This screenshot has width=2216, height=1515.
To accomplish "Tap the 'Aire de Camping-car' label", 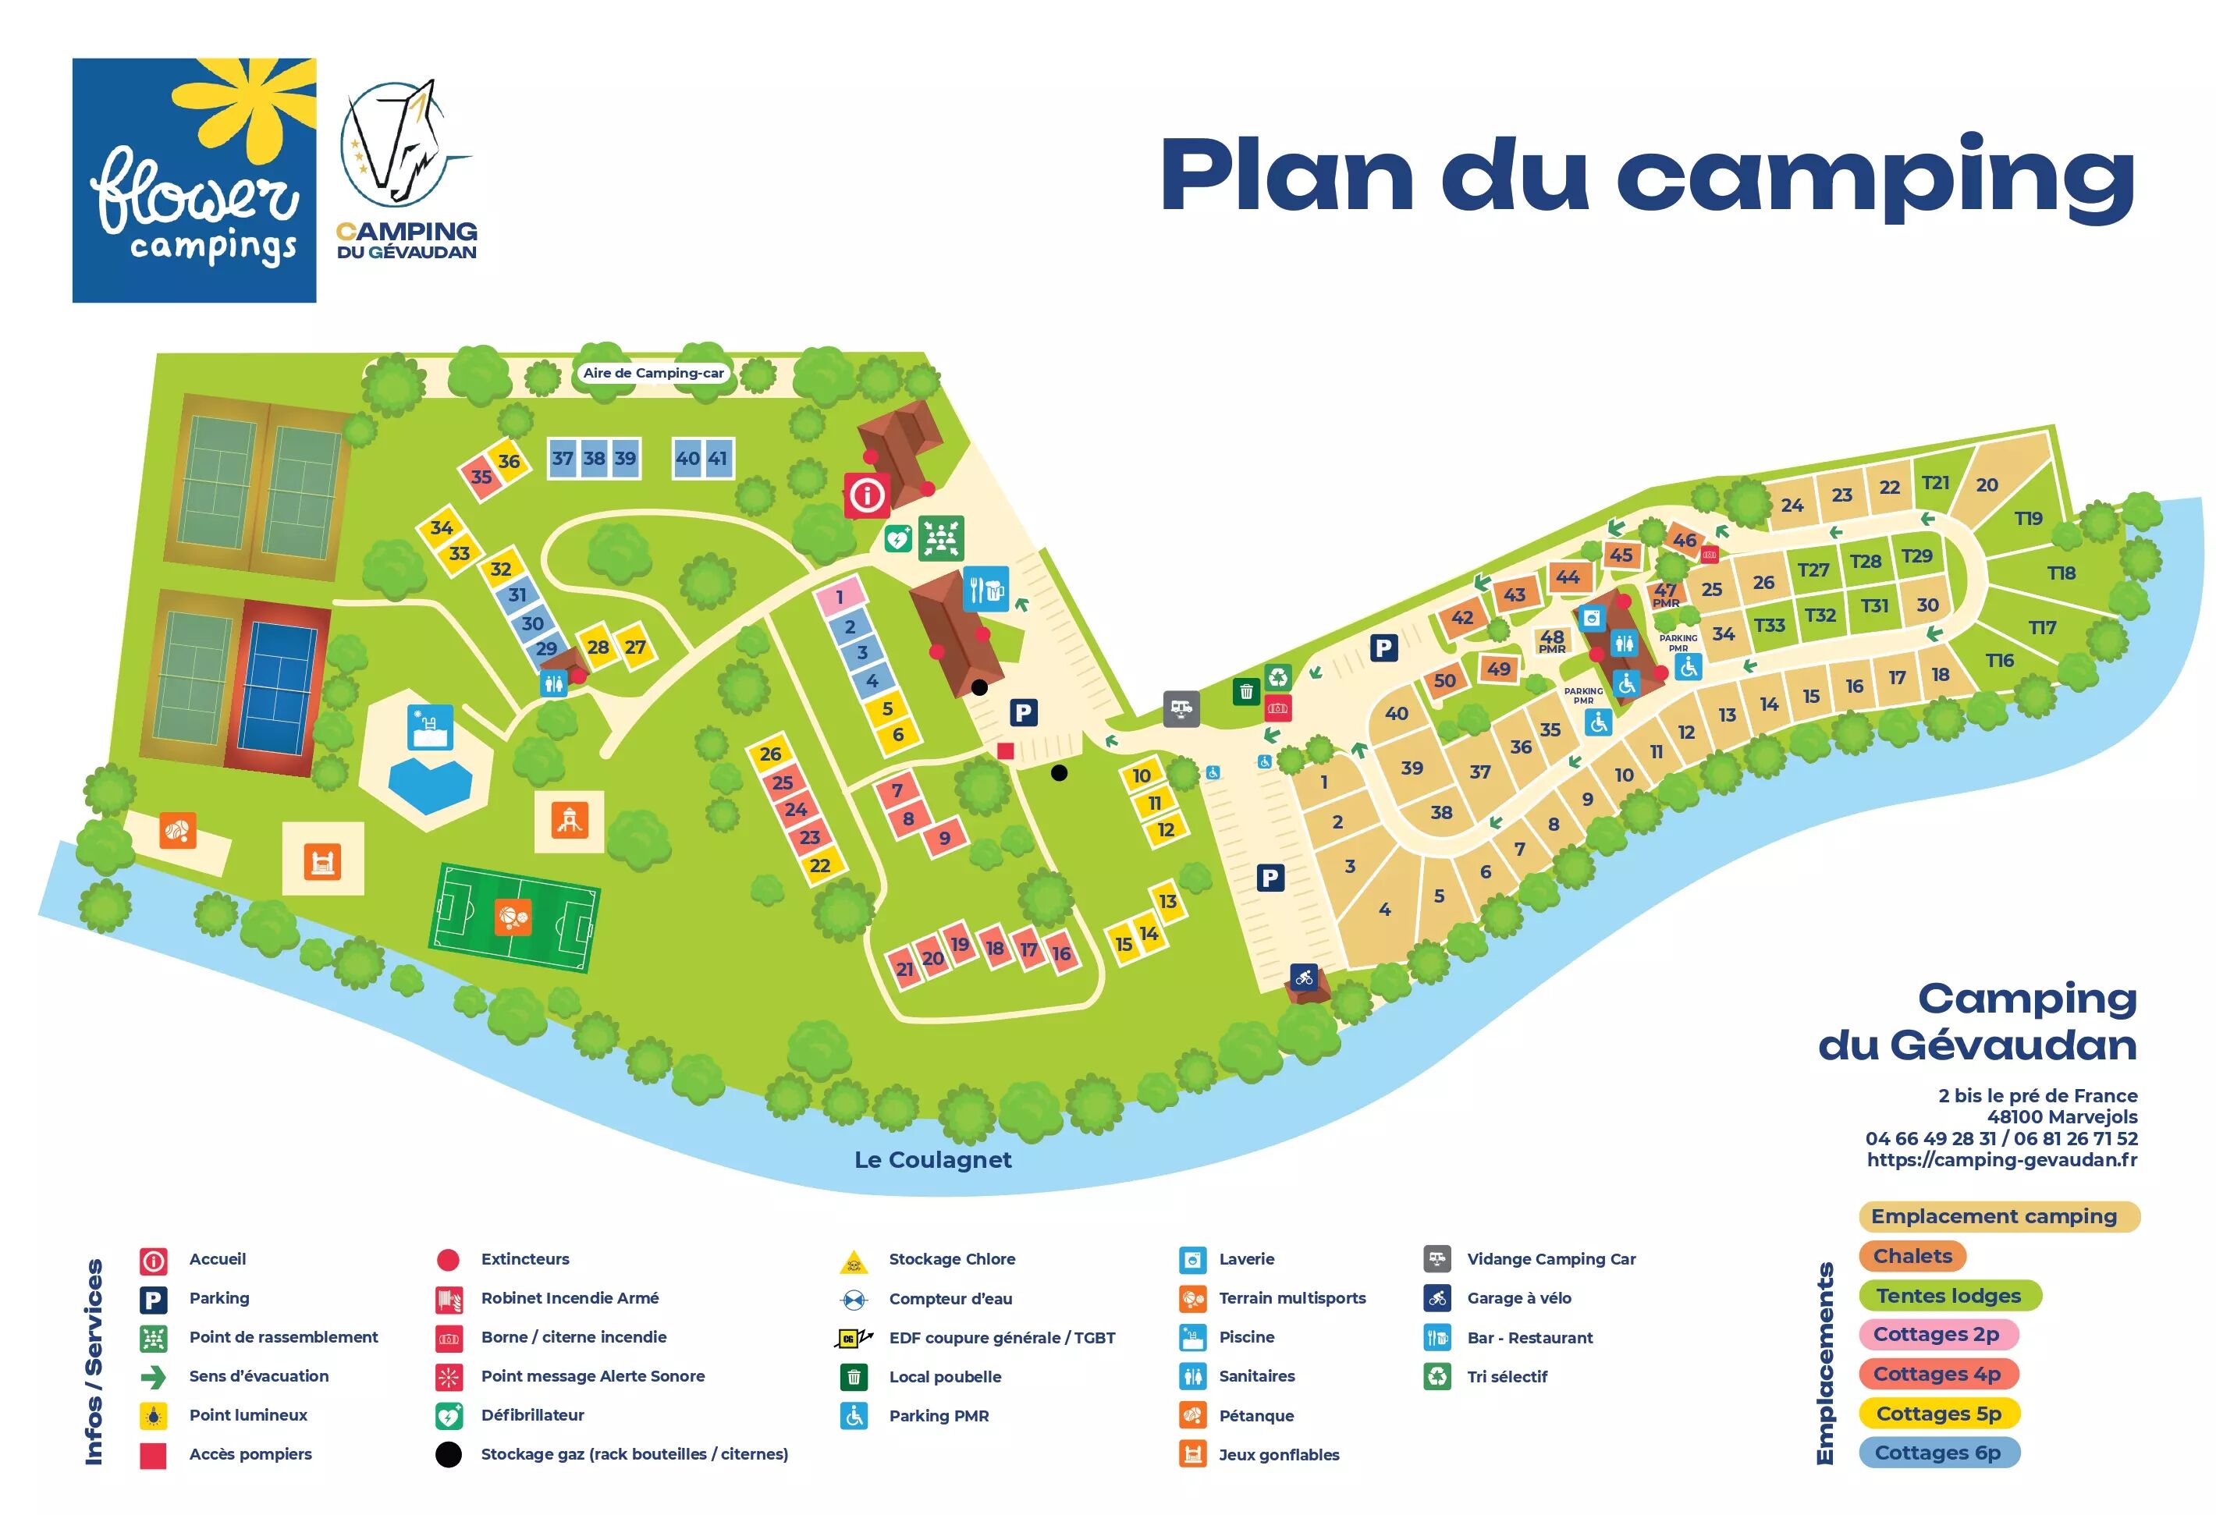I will pos(653,373).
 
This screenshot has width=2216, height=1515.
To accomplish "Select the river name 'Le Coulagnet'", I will pos(932,1159).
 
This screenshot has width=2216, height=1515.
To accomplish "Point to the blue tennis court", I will pos(278,687).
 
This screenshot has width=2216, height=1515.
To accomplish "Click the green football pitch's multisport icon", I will pos(513,917).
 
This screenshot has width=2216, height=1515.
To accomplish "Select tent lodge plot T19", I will pos(2028,518).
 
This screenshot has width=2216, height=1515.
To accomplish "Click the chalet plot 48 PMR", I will pos(1551,640).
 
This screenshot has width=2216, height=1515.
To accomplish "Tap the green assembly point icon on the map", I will pos(940,539).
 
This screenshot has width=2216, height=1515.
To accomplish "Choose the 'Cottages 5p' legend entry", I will pos(1938,1413).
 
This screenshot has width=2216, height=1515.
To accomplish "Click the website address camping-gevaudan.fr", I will pos(2001,1159).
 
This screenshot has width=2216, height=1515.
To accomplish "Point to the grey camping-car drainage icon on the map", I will pos(1181,708).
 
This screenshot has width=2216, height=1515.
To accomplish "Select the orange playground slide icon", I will pos(570,820).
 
